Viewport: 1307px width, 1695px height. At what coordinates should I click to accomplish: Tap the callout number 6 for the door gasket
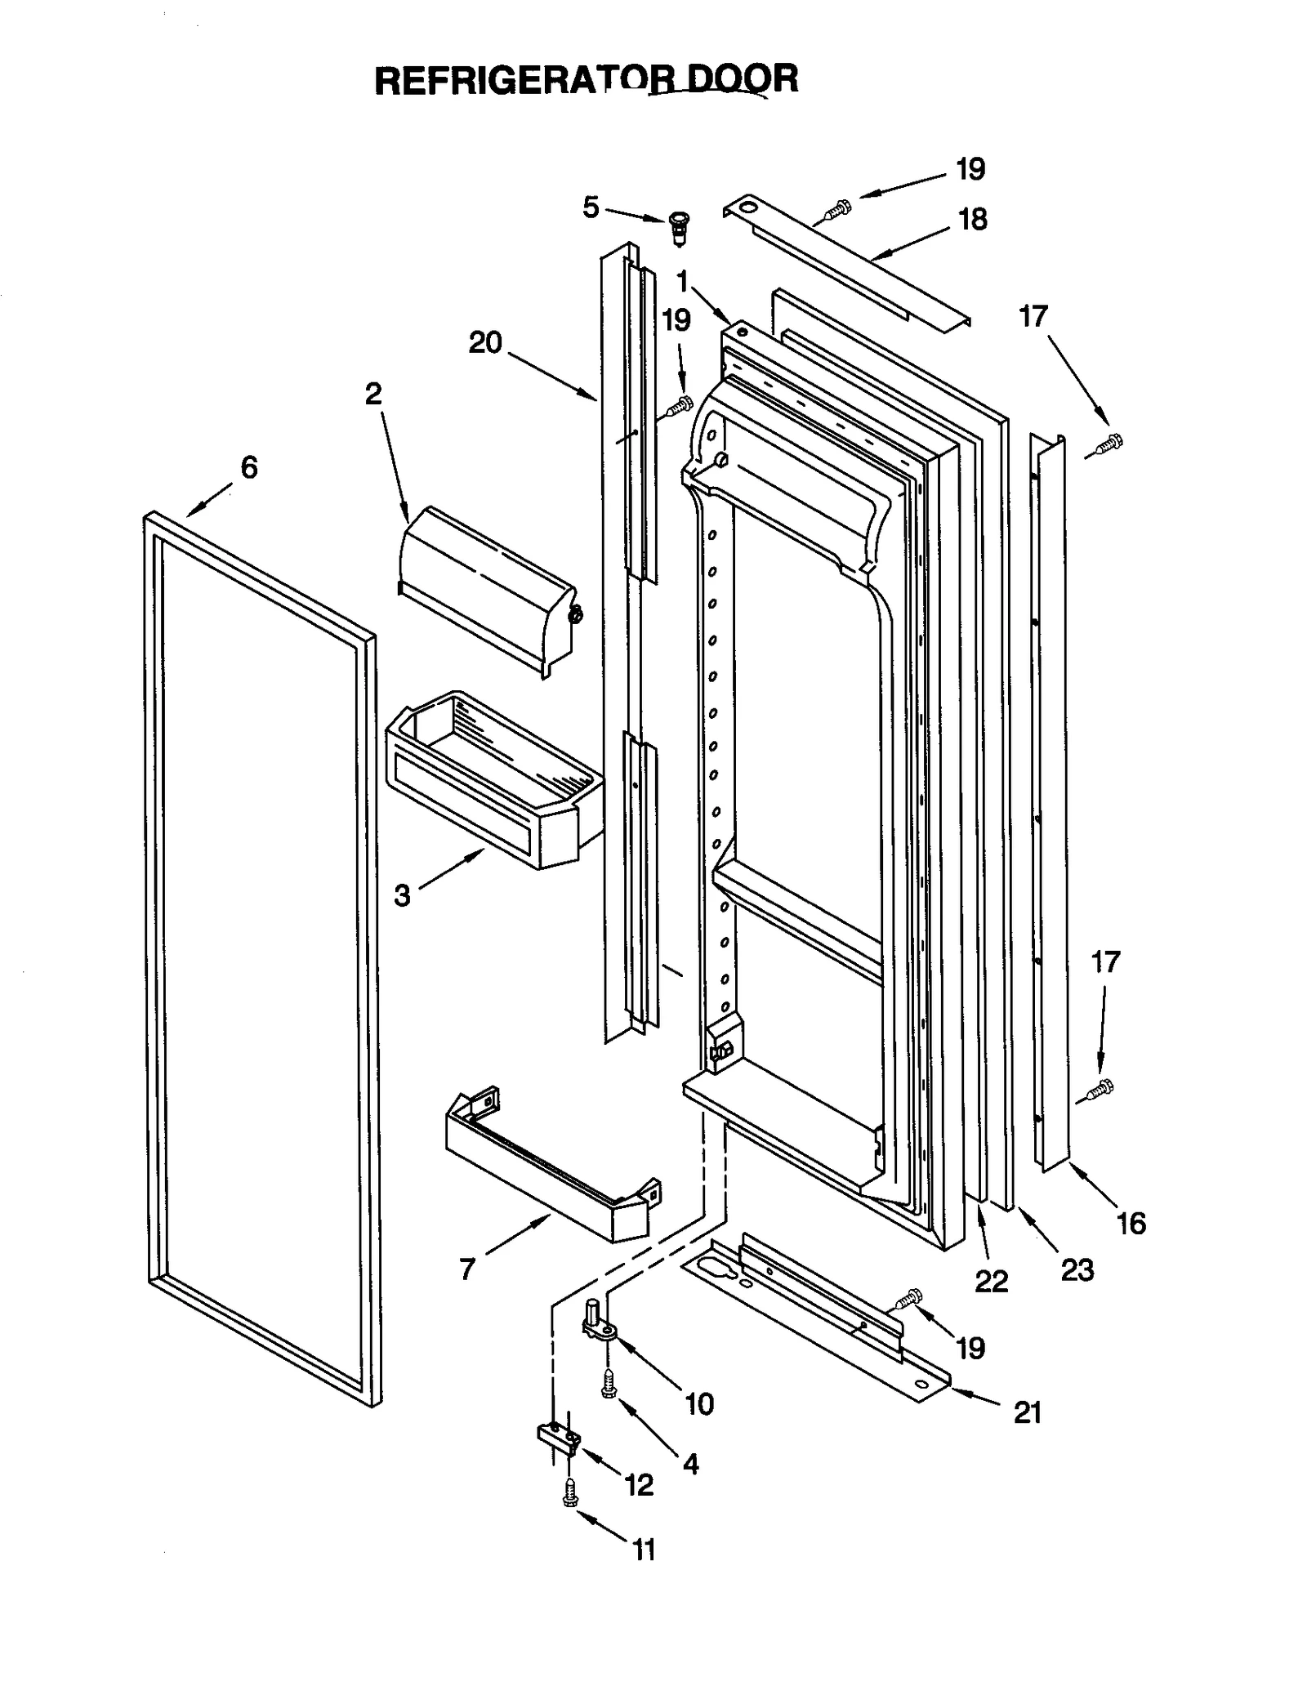pyautogui.click(x=248, y=467)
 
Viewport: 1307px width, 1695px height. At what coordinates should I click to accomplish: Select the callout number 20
pyautogui.click(x=484, y=342)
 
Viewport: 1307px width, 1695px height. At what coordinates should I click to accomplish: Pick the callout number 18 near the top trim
pyautogui.click(x=972, y=219)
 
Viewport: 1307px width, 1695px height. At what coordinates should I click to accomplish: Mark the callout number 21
pyautogui.click(x=1028, y=1412)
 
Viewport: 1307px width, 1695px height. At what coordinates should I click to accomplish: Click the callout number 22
pyautogui.click(x=991, y=1281)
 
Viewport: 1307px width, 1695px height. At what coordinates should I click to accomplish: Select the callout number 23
pyautogui.click(x=1076, y=1269)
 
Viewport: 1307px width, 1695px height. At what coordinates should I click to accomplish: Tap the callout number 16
pyautogui.click(x=1131, y=1223)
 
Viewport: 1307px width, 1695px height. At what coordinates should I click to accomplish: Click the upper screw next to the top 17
pyautogui.click(x=1108, y=444)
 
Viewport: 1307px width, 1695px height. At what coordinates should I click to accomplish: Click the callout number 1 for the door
pyautogui.click(x=682, y=283)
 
